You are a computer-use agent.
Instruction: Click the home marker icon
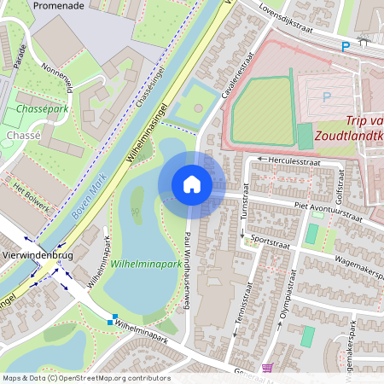[x=191, y=183]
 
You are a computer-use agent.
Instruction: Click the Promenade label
[x=59, y=5]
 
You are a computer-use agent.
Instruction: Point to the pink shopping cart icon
[x=268, y=369]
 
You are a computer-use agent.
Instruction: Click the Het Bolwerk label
[x=31, y=195]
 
